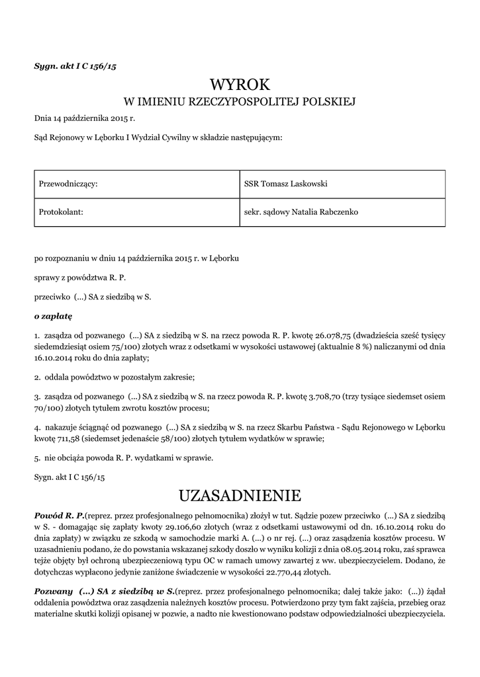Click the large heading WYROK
pos(240,85)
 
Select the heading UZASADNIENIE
pos(240,495)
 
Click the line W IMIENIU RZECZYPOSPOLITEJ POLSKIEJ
pos(240,102)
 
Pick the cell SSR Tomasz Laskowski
pos(286,183)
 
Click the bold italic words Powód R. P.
pos(59,514)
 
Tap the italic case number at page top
pos(75,66)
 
